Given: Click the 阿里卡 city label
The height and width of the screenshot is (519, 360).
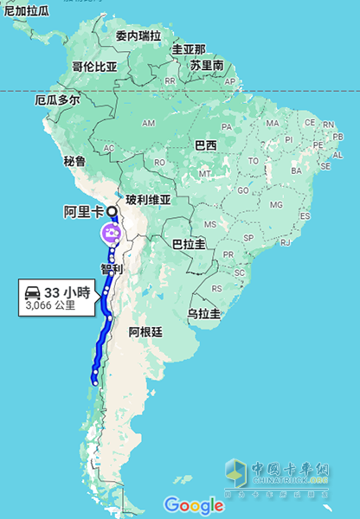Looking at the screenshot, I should click(x=85, y=211).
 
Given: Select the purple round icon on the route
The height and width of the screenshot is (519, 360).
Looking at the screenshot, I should click(x=110, y=233).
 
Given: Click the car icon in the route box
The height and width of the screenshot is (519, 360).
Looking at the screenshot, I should click(x=34, y=292).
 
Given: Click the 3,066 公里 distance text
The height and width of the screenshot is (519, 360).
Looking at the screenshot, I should click(x=50, y=305).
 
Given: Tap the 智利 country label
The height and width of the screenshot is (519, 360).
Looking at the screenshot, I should click(x=112, y=269).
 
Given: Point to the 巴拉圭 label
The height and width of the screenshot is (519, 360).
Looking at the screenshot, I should click(x=189, y=245).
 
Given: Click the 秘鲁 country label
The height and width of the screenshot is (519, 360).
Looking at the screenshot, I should click(x=74, y=161).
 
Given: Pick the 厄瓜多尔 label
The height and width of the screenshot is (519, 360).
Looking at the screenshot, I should click(x=57, y=99).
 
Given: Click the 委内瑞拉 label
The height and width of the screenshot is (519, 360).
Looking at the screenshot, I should click(x=138, y=36).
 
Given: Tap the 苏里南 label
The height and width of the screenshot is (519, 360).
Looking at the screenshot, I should click(x=207, y=65).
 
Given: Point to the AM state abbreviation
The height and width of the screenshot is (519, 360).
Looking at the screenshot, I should click(x=148, y=123).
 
